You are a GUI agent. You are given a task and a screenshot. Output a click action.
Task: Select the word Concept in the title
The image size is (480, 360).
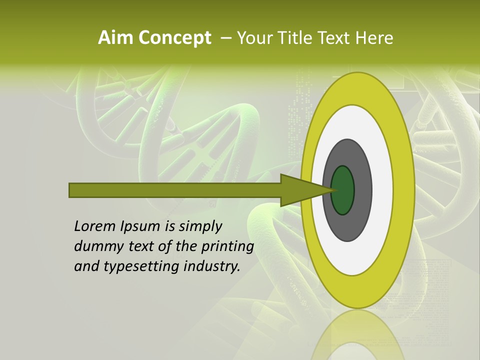175,38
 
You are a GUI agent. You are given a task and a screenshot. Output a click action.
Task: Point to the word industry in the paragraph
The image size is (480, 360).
212,267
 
